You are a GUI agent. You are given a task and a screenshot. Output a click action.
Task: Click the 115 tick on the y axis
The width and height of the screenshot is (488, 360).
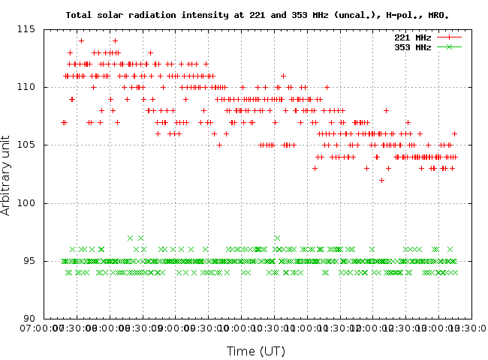coord(30,29)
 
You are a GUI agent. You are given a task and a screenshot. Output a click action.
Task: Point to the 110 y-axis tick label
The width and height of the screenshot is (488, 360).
coord(30,87)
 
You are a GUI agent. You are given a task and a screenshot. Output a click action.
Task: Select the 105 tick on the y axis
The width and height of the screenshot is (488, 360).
coord(30,145)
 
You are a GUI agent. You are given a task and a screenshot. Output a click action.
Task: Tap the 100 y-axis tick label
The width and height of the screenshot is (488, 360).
coord(30,203)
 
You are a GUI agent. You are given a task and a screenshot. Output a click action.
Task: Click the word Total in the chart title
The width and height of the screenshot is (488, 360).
coord(80,14)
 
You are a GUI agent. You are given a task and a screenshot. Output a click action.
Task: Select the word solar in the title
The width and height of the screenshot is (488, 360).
coord(115,14)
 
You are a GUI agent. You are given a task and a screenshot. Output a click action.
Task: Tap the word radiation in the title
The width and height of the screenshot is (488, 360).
coord(158,14)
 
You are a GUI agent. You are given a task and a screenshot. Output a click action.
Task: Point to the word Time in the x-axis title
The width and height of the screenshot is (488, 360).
coord(242,351)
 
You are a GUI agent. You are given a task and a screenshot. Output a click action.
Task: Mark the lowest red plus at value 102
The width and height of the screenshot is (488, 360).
coord(381,180)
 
